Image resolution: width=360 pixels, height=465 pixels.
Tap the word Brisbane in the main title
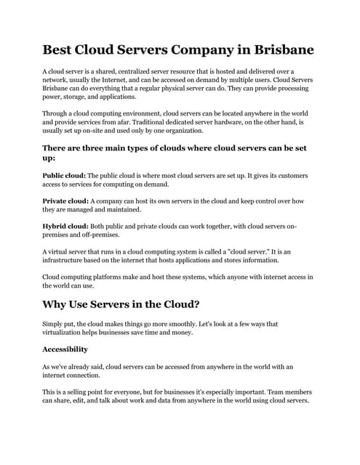(279, 50)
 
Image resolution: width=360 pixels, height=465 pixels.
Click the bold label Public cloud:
(65, 176)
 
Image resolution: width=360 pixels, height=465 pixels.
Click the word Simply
(55, 323)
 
